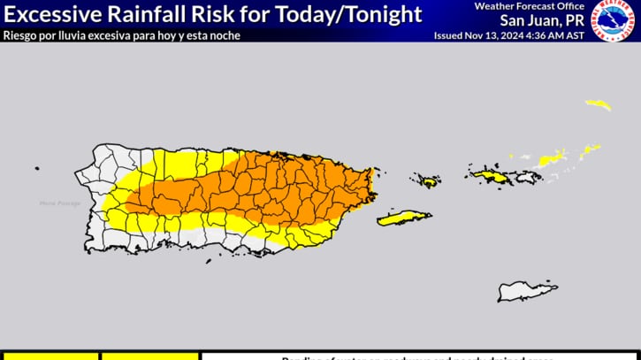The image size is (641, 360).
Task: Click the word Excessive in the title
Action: coord(52,14)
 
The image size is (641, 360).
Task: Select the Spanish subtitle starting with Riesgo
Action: coord(121,35)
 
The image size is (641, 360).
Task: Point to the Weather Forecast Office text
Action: coord(530,6)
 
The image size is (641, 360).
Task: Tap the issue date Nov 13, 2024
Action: coord(496,35)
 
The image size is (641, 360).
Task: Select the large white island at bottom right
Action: coord(527,291)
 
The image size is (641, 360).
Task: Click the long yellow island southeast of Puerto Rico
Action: coord(404,218)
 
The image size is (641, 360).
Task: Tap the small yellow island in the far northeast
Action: coord(599,104)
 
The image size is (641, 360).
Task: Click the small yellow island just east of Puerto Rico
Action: coord(429,181)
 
